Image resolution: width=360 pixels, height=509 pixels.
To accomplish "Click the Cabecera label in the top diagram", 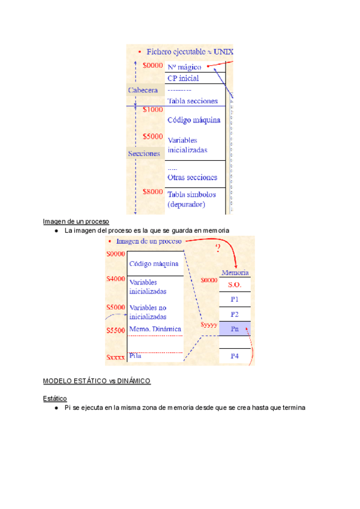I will coord(143,90).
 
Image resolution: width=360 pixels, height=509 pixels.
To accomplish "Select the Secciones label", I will coord(144,153).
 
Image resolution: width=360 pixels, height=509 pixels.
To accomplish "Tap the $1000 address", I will coord(153,110).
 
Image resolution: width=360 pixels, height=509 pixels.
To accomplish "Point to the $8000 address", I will coord(153,191).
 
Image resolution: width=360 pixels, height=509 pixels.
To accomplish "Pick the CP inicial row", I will coord(183,78).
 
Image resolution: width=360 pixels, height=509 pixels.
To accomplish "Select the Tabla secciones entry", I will coord(192,101).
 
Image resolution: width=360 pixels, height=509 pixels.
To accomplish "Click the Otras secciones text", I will coord(192,177).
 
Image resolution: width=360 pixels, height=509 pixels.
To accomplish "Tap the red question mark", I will coord(217,248).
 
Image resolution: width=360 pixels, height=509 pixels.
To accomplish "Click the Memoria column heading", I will coord(235,272).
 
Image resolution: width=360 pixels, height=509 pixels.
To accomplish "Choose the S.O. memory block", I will coord(235,285).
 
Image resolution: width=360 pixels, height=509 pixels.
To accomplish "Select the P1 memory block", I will coord(235,299).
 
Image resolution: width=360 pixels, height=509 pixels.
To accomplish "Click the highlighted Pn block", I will coord(235,328).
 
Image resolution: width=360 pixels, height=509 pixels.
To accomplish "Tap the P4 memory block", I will coord(235,357).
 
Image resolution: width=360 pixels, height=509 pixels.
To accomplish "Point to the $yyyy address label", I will coord(209,327).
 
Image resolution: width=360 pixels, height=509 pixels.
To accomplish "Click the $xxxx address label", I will coord(116,357).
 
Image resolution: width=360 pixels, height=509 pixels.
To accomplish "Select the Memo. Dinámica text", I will coord(155,329).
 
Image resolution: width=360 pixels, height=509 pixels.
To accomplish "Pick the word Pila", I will coord(135,356).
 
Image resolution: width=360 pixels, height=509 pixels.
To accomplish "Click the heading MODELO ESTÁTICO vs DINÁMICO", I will coord(97,381).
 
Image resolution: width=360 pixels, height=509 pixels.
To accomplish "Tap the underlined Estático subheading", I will coord(55,398).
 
